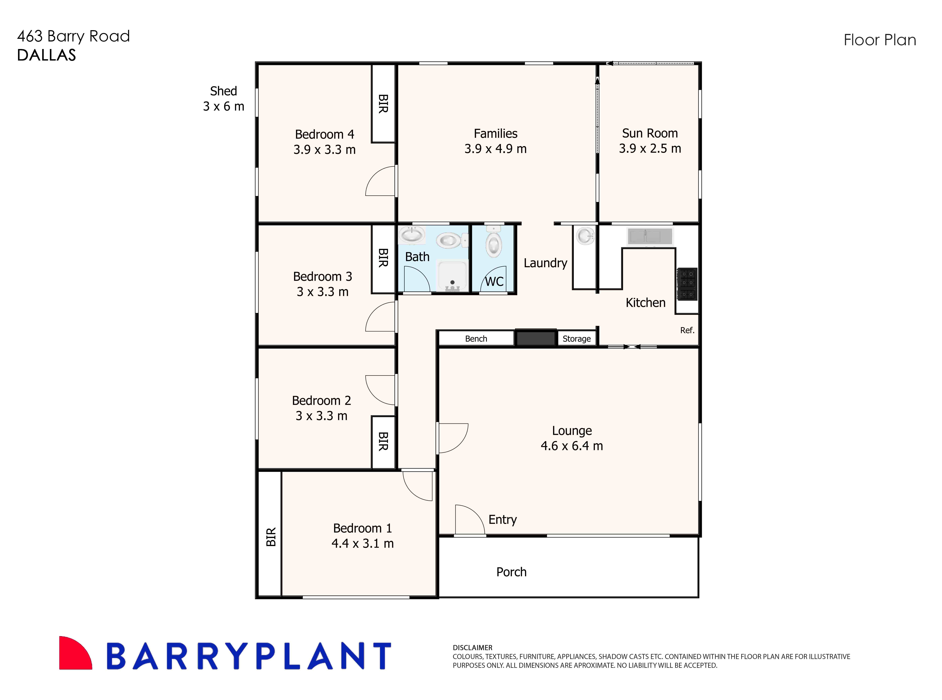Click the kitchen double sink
[650, 236]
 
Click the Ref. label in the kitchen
[687, 330]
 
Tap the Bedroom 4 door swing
[381, 181]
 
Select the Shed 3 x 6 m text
[223, 99]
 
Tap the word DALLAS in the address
[47, 55]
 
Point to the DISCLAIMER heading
[472, 648]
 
